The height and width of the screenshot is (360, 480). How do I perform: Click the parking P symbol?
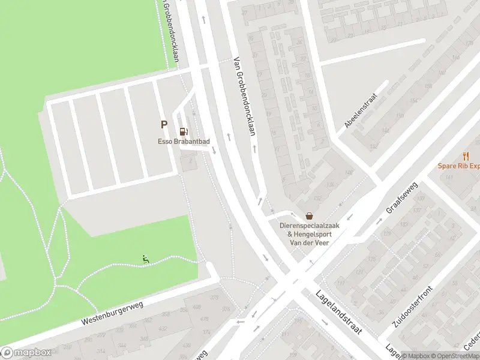point(163,124)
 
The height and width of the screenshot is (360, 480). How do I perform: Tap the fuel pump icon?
point(183,131)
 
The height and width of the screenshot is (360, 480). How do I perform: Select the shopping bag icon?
point(309,215)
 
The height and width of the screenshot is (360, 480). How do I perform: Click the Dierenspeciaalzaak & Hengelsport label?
point(309,230)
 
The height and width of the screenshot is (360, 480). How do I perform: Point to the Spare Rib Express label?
point(458,166)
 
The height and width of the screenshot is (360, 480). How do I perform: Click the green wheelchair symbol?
point(146,259)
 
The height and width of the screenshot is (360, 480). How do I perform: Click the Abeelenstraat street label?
point(360,110)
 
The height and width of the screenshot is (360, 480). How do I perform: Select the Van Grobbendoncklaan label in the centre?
point(245,96)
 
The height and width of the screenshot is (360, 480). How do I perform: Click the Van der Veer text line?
point(310,243)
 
